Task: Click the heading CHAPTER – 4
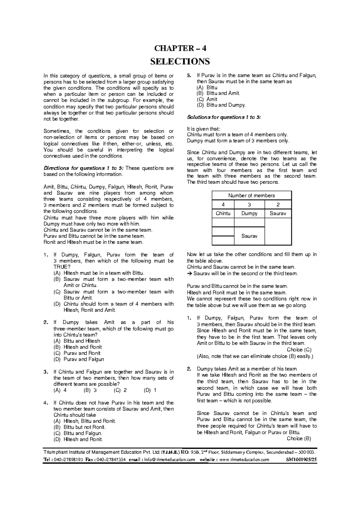click(180, 48)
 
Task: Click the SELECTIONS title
click(180, 62)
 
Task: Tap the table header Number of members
click(251, 195)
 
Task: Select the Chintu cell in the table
click(223, 213)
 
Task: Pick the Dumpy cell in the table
click(249, 213)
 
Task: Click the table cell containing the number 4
click(223, 204)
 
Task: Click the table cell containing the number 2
click(278, 204)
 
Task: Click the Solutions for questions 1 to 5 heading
click(224, 117)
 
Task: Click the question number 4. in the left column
click(45, 403)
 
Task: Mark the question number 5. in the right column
click(188, 76)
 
